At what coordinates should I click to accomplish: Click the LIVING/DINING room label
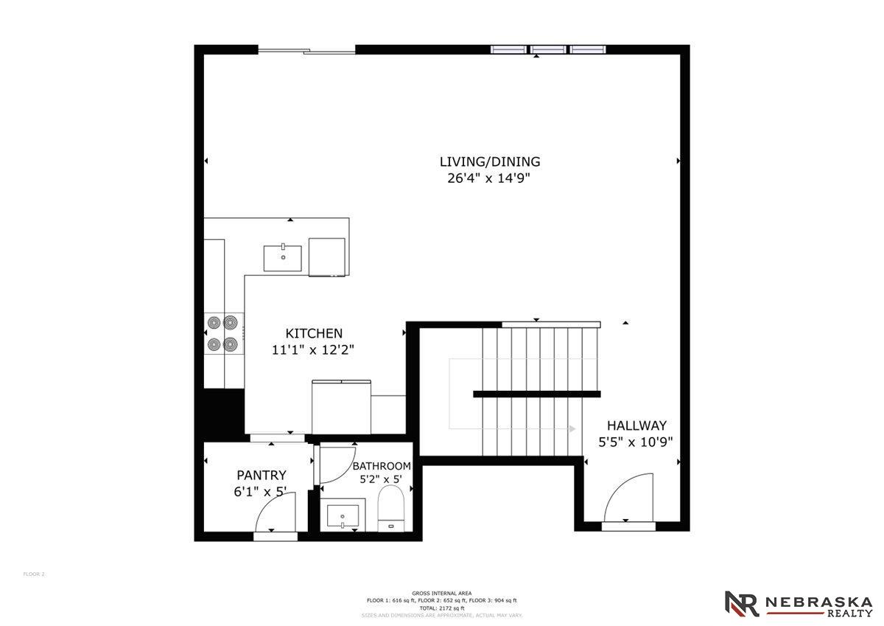490,161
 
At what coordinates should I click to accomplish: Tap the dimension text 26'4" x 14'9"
488,178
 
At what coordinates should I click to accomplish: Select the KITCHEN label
314,333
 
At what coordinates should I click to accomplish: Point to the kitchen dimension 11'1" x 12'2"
314,350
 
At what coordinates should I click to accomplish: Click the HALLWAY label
636,425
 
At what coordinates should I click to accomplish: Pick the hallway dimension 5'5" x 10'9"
635,442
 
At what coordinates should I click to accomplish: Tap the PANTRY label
261,476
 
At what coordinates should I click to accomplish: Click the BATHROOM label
381,466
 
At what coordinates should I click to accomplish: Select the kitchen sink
283,258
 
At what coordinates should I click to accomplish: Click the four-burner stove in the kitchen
222,333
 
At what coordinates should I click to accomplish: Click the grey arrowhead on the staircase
572,428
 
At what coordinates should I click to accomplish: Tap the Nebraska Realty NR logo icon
741,603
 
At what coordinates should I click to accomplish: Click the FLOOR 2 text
34,574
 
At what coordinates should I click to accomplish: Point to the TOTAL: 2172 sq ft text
442,608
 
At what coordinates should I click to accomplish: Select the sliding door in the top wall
306,50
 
